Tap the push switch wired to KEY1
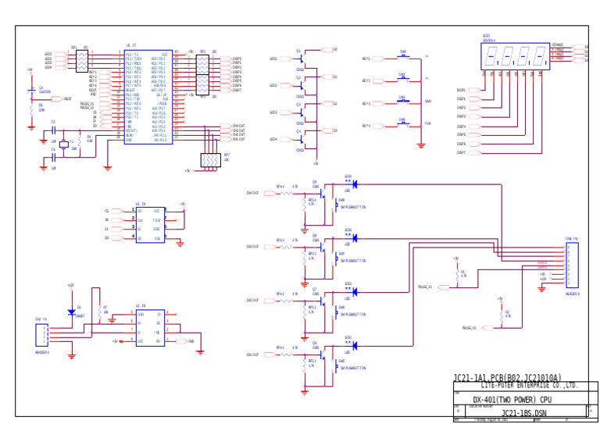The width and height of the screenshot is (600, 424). [x=403, y=58]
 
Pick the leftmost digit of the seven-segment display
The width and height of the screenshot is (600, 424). [x=491, y=56]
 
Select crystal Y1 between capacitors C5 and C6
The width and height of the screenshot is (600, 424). [x=64, y=144]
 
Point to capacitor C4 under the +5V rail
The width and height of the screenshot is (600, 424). [x=32, y=91]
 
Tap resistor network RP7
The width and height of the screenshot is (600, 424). [x=210, y=159]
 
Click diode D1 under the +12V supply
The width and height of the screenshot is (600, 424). [x=71, y=312]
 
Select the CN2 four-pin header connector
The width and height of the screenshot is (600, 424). [x=41, y=335]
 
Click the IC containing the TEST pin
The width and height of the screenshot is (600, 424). [x=149, y=224]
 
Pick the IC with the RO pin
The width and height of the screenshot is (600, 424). [x=149, y=327]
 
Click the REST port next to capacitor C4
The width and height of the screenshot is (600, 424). [x=57, y=99]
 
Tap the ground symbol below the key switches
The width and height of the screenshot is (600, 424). [x=421, y=145]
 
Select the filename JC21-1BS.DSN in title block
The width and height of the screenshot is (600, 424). [x=523, y=413]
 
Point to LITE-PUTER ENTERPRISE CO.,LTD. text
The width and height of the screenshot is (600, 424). [x=529, y=386]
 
